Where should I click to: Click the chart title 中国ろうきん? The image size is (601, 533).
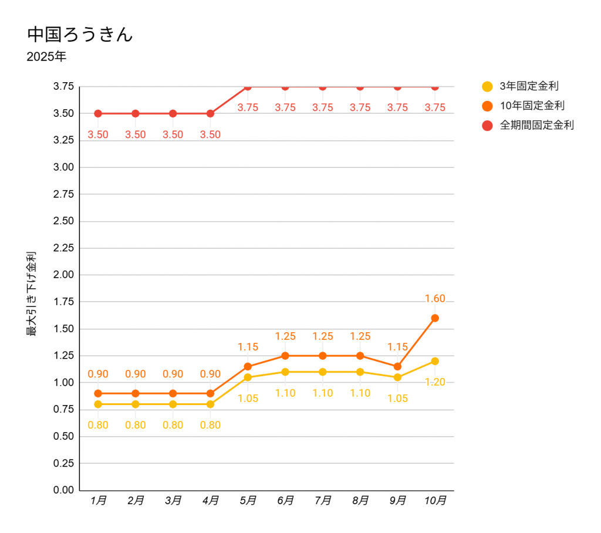80,34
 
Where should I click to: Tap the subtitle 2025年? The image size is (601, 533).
46,58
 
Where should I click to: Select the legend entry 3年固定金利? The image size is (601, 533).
528,86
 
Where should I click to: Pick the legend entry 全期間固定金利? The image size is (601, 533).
536,125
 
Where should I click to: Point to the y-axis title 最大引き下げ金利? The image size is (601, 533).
31,294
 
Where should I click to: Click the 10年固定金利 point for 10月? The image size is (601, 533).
435,318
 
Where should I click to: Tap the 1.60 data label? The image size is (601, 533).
435,299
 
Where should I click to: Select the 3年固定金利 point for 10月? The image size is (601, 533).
435,361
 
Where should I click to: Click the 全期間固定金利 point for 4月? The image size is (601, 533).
210,113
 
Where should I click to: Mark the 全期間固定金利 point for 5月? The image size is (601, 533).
248,87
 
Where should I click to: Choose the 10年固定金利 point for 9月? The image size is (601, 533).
397,366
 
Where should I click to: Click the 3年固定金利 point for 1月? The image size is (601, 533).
98,404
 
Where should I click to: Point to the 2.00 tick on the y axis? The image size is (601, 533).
63,275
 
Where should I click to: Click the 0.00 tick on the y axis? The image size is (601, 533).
63,490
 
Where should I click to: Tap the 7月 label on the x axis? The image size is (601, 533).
323,501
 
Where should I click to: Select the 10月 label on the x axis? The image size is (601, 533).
435,501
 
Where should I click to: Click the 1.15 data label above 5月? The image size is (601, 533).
248,347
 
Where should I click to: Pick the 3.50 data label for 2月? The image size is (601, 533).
136,134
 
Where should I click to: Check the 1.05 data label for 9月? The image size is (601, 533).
397,399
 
